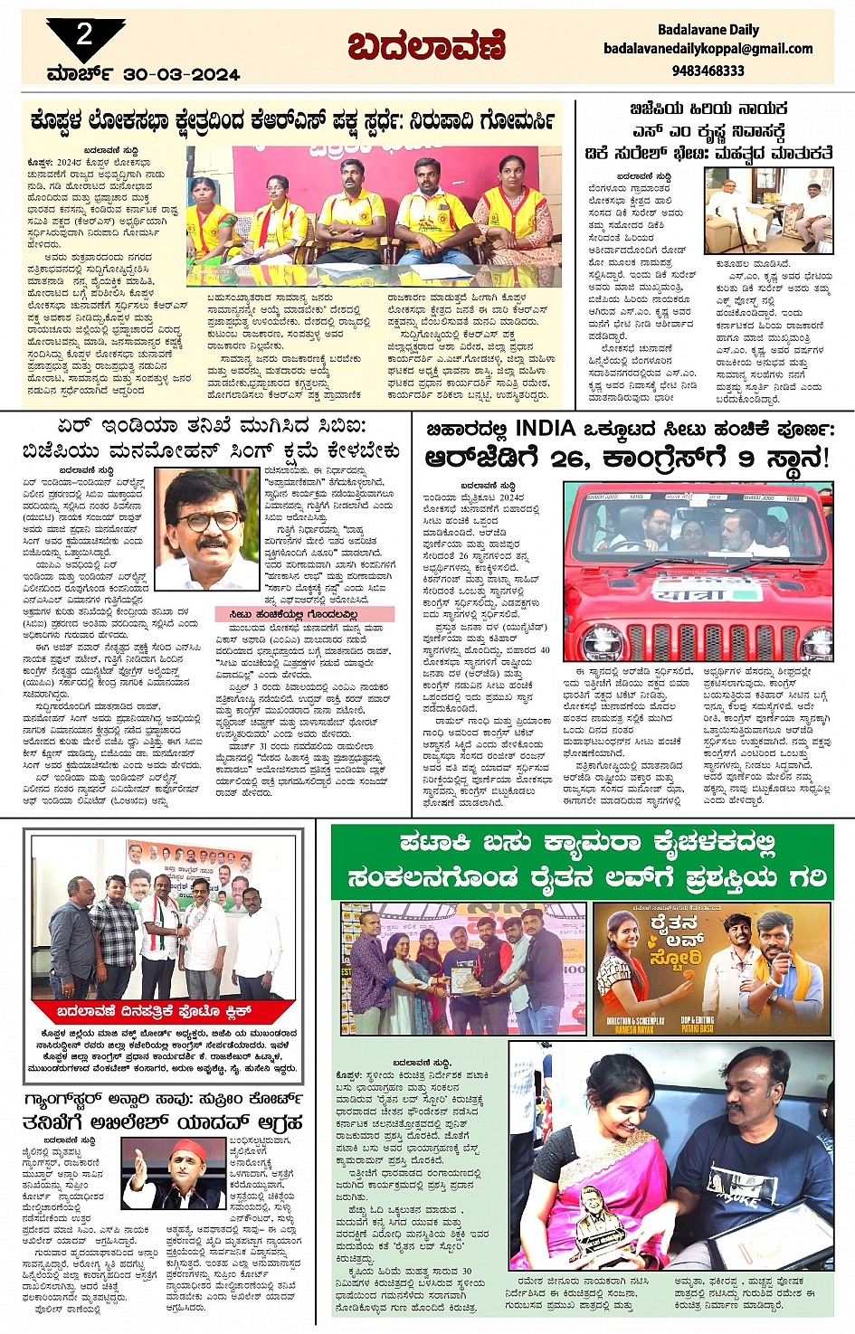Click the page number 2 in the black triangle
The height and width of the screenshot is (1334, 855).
[x=84, y=35]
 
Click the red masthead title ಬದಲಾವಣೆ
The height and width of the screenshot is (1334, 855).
[x=426, y=45]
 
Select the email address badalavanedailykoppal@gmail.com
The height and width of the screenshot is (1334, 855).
[x=708, y=49]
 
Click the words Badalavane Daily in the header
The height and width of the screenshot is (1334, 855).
[x=708, y=29]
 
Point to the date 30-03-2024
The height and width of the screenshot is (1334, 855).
[x=181, y=74]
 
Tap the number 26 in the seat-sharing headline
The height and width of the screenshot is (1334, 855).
[x=569, y=459]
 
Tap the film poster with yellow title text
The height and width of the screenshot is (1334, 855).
[x=711, y=968]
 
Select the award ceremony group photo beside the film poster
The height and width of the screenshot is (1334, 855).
[x=463, y=968]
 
